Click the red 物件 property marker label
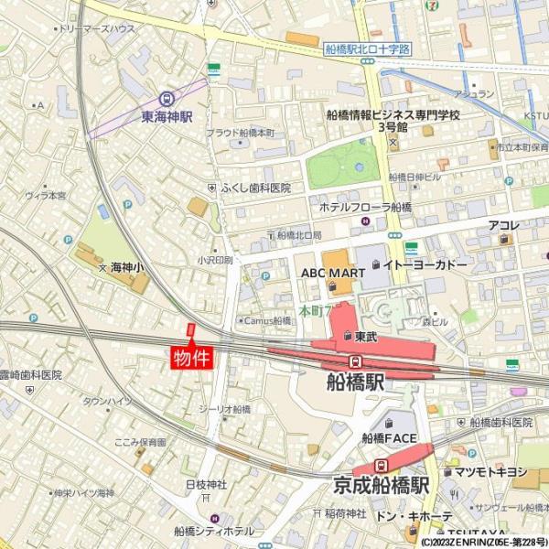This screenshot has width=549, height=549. (x=192, y=356)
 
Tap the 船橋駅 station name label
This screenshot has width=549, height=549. (x=356, y=382)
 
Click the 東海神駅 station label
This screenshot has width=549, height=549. (x=167, y=117)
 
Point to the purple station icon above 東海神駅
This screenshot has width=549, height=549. (x=166, y=98)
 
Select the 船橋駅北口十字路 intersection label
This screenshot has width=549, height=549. (x=368, y=49)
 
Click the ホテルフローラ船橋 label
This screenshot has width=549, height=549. (x=365, y=208)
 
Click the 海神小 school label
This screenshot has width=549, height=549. (x=126, y=268)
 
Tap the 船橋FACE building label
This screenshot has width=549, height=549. (x=390, y=438)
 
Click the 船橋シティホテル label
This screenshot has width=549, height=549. (x=214, y=530)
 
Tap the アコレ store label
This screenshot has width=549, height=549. (x=504, y=225)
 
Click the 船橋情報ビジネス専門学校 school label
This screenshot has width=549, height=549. (x=393, y=115)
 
